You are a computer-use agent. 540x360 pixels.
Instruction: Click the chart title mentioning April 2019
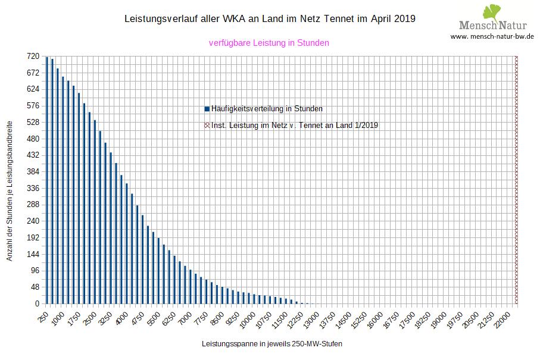270,19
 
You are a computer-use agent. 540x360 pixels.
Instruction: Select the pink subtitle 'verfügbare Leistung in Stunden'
269,43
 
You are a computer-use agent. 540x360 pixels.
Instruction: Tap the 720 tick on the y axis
33,56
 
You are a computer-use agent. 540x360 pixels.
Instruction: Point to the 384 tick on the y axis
33,171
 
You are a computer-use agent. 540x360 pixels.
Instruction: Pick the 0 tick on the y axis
37,303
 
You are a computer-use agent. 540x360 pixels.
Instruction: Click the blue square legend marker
207,109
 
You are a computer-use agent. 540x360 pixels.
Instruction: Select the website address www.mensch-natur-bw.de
492,36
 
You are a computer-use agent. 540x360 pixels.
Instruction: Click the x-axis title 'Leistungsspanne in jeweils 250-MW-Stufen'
272,344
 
